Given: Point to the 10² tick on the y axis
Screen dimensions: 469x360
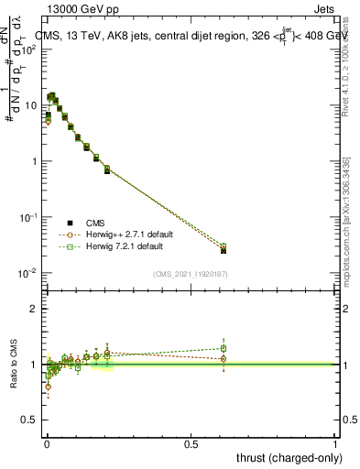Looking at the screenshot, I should click(x=29, y=49).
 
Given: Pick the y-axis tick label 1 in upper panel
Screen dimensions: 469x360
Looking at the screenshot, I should click(x=34, y=161).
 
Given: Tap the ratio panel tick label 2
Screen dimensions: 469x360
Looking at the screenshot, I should click(x=34, y=309).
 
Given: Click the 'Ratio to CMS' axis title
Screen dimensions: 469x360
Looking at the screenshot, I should click(x=13, y=364).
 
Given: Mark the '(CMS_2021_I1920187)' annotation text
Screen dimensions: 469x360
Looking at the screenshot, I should click(x=191, y=274).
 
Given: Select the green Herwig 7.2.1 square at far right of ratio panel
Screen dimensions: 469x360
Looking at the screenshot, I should click(x=224, y=348).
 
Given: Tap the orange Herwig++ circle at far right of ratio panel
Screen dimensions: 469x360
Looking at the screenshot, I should click(x=224, y=359).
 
